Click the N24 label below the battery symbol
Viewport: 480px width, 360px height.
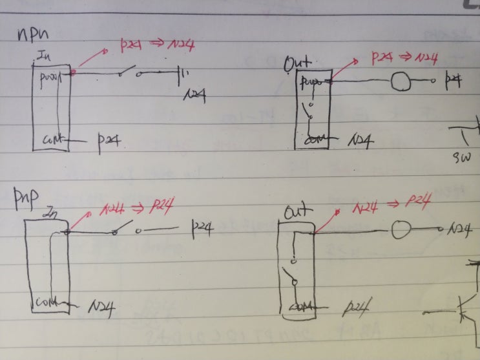pyautogui.click(x=193, y=94)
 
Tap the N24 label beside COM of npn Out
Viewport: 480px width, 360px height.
pyautogui.click(x=360, y=140)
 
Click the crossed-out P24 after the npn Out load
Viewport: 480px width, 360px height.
pyautogui.click(x=455, y=81)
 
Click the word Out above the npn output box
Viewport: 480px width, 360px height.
pyautogui.click(x=298, y=63)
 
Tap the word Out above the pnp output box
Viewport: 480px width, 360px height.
pyautogui.click(x=300, y=211)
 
